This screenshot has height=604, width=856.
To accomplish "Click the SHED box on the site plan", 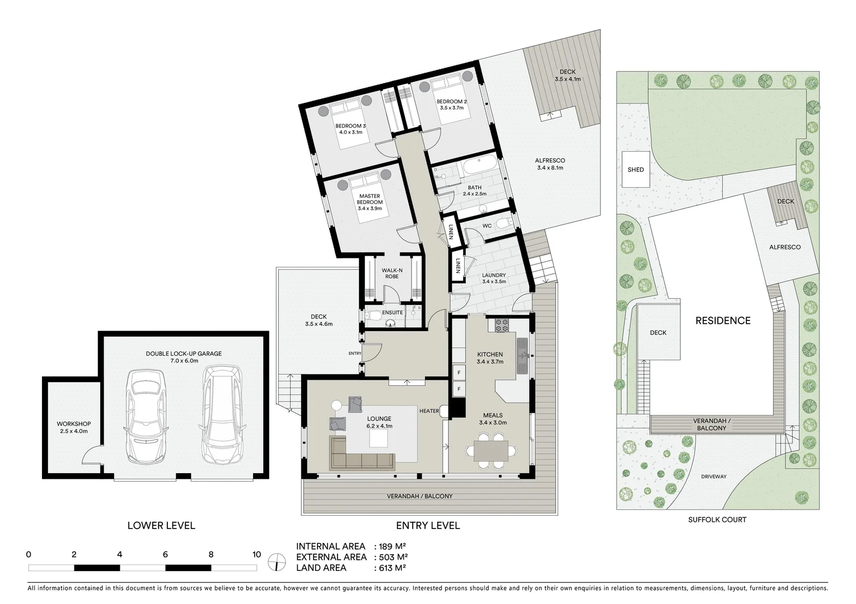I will (x=636, y=169).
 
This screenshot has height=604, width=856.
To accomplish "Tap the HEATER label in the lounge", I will (x=429, y=411).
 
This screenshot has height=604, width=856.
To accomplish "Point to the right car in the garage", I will (x=223, y=414).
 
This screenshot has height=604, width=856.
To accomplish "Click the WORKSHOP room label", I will (x=73, y=427).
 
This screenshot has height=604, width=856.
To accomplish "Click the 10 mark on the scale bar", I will (x=256, y=555).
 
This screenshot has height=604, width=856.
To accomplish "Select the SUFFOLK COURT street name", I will (x=717, y=520).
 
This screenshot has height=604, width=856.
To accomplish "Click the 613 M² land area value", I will (x=390, y=568).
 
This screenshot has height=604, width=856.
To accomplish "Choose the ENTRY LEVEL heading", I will (x=428, y=525).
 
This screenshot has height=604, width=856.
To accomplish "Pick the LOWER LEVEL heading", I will (x=161, y=525).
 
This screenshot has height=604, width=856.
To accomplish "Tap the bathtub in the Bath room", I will (x=478, y=167).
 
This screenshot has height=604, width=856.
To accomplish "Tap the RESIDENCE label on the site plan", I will (x=723, y=320).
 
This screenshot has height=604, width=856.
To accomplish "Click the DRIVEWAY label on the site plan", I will (x=713, y=476).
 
